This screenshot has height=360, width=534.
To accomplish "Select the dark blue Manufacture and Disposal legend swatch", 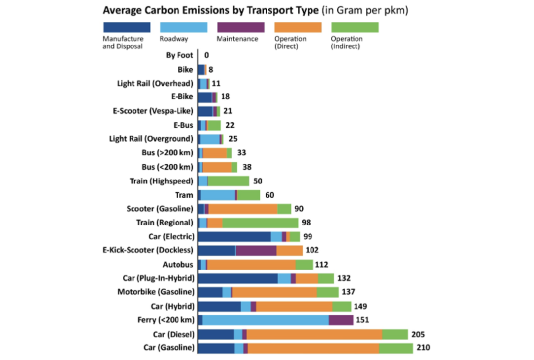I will pyautogui.click(x=127, y=27).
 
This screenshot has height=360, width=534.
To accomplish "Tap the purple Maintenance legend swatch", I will pyautogui.click(x=240, y=27).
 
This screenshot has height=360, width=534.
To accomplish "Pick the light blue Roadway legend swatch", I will pyautogui.click(x=183, y=27).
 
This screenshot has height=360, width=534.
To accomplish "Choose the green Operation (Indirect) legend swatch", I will pyautogui.click(x=355, y=27).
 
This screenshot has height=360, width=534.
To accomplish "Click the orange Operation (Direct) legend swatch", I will pyautogui.click(x=298, y=27).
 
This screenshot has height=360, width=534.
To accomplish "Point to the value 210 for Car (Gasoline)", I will pyautogui.click(x=423, y=348).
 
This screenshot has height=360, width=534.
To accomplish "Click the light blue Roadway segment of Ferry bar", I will pyautogui.click(x=266, y=320).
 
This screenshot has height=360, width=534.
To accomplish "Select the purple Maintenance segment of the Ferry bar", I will pyautogui.click(x=341, y=320).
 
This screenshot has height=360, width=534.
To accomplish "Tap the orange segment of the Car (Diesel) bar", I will pyautogui.click(x=314, y=334).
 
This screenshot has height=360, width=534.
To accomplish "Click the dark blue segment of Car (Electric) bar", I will pyautogui.click(x=234, y=236).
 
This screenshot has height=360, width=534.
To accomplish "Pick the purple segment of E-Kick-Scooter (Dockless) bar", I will pyautogui.click(x=256, y=250).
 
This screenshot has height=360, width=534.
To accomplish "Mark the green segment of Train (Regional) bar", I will pyautogui.click(x=260, y=223).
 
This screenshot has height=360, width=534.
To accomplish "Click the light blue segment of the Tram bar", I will pyautogui.click(x=218, y=195).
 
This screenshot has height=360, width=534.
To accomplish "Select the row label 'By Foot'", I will pyautogui.click(x=179, y=55).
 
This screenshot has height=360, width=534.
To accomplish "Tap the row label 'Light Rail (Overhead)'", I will pyautogui.click(x=155, y=84).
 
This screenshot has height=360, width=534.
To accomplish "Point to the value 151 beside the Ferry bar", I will pyautogui.click(x=362, y=320).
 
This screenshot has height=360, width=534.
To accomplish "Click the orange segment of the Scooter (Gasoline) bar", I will pyautogui.click(x=243, y=209).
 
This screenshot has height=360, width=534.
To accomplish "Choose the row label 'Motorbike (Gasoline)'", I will pyautogui.click(x=156, y=292).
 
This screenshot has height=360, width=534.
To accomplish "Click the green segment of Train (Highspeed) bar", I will pyautogui.click(x=228, y=181).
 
